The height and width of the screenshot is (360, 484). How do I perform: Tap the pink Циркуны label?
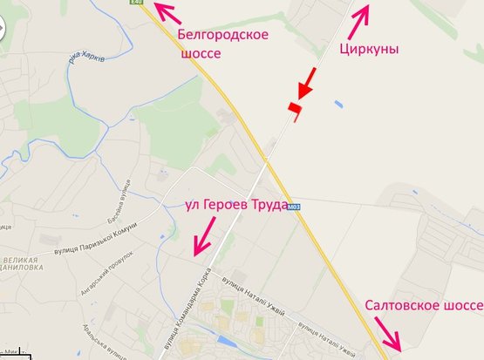click(369, 49)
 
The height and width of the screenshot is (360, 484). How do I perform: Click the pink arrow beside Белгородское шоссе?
click(167, 13)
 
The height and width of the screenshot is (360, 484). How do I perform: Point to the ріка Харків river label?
click(85, 60)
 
